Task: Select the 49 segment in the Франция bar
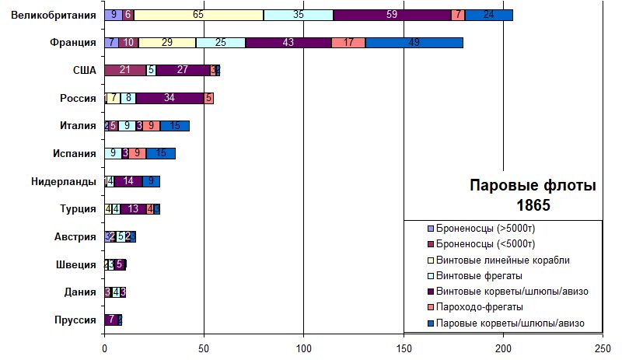tap(414, 43)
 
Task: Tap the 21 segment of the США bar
tap(124, 71)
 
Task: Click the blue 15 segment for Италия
tap(175, 126)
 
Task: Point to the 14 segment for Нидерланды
tap(129, 181)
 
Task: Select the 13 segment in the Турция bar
tap(133, 208)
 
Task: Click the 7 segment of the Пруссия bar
tap(111, 319)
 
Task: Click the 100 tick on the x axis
tap(304, 348)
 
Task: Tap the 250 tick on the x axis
tap(603, 348)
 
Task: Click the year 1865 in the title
tap(533, 205)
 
